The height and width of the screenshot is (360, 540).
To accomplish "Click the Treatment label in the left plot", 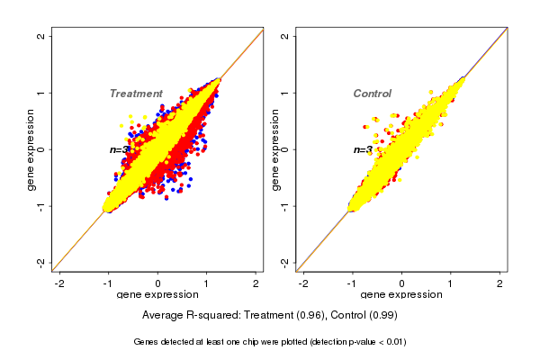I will [136, 94].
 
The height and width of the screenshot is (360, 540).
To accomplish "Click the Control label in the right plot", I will [373, 94].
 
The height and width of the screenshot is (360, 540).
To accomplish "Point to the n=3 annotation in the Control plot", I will [363, 150].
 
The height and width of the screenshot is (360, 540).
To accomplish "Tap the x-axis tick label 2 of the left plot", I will [256, 283].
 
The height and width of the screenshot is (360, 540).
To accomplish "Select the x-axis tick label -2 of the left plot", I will [60, 283].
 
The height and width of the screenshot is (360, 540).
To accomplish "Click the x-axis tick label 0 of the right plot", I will [402, 283].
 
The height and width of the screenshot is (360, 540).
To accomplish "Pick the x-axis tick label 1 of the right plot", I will [451, 283].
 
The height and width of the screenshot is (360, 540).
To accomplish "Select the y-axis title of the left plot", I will [31, 149].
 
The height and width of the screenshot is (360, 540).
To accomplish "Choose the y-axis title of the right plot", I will [275, 149].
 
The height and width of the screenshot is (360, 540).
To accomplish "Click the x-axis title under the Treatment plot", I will [158, 295].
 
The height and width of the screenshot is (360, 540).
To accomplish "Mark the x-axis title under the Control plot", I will [402, 295].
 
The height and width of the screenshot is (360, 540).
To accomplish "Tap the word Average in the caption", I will [164, 316].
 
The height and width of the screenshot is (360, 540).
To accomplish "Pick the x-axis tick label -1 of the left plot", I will [109, 283].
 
